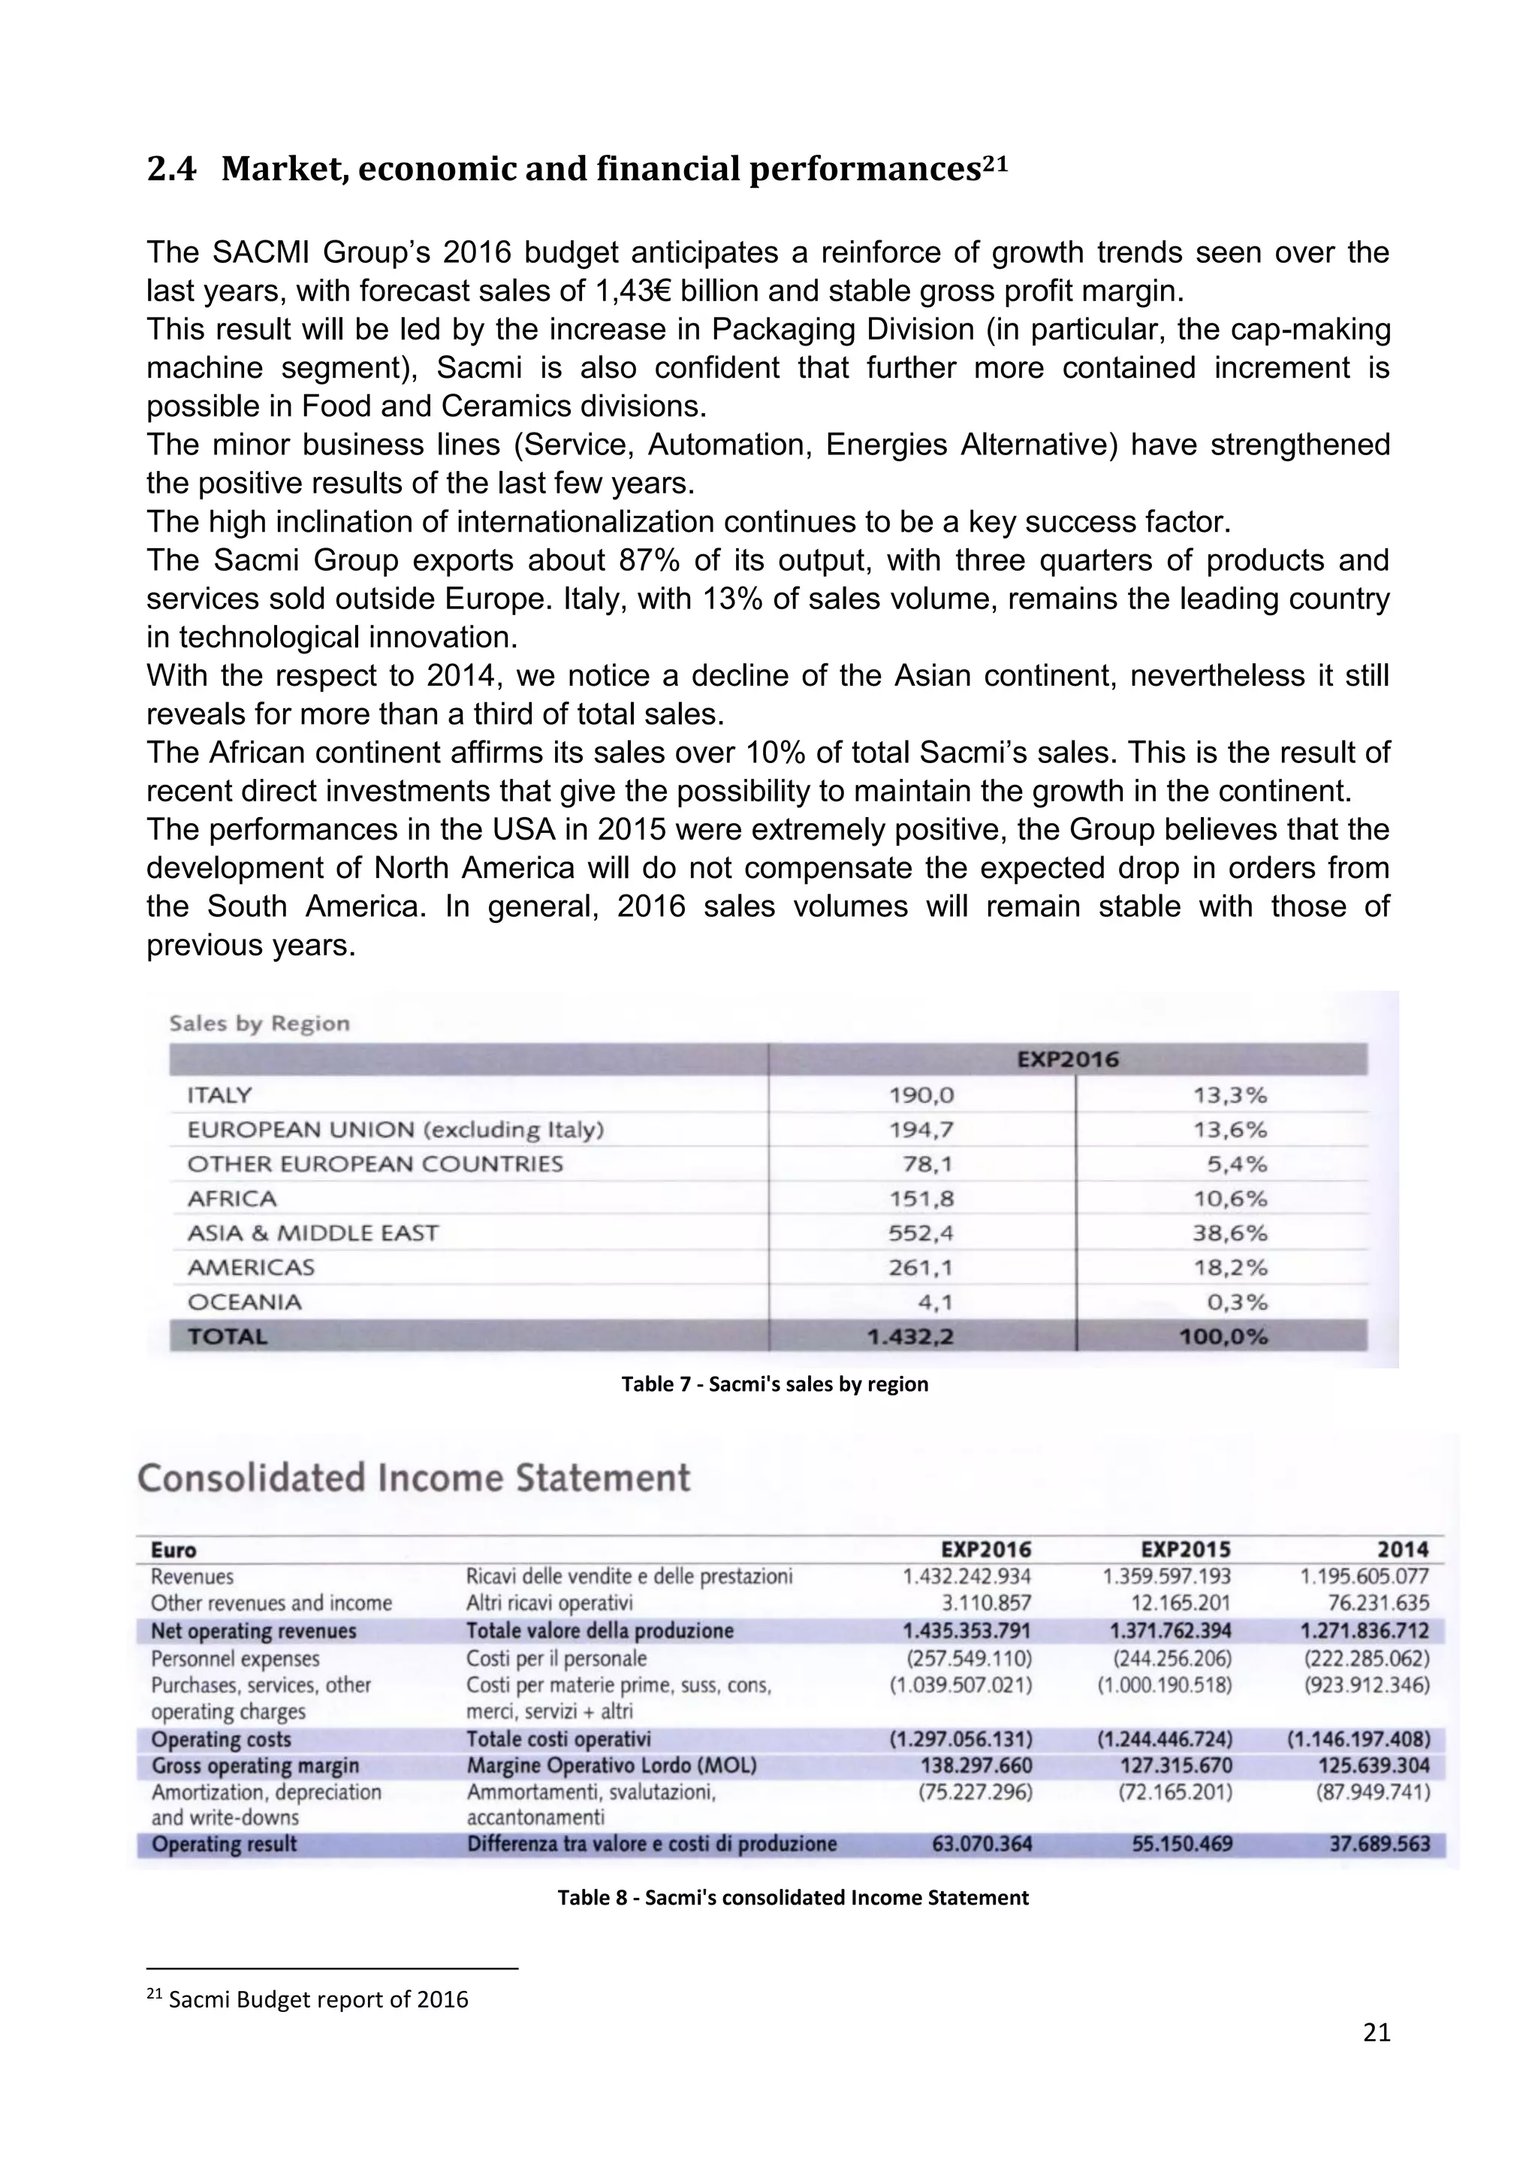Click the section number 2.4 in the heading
171,170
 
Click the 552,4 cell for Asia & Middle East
921,1232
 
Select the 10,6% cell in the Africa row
1229,1199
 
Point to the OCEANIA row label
244,1302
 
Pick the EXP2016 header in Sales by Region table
1067,1060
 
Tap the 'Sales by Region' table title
260,1023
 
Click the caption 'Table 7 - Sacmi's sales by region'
774,1384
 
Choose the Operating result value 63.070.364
976,1845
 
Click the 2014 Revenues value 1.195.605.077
1364,1576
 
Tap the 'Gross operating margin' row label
255,1766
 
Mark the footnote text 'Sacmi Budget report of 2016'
318,2000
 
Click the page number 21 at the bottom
1376,2059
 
